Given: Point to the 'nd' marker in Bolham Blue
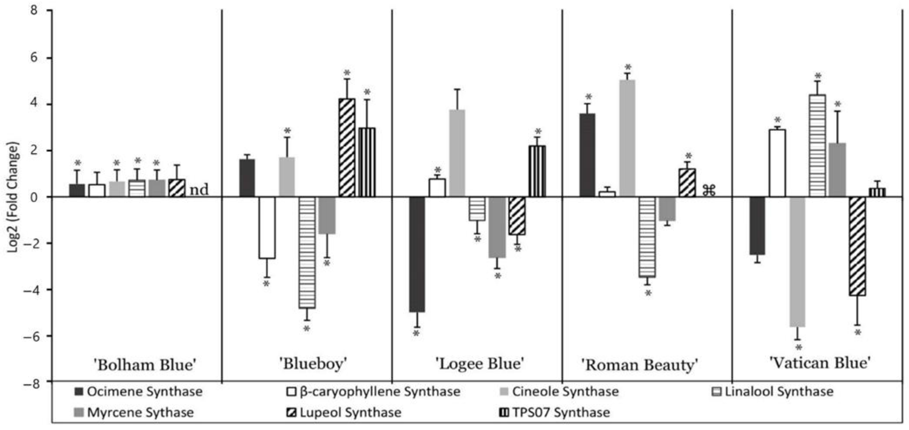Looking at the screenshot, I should click(199, 190).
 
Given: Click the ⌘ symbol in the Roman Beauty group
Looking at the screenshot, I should click(709, 190).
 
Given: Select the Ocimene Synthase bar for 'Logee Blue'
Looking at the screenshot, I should click(417, 254).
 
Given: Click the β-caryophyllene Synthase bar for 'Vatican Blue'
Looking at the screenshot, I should click(777, 163).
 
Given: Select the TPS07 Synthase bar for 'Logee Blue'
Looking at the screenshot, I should click(537, 171).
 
